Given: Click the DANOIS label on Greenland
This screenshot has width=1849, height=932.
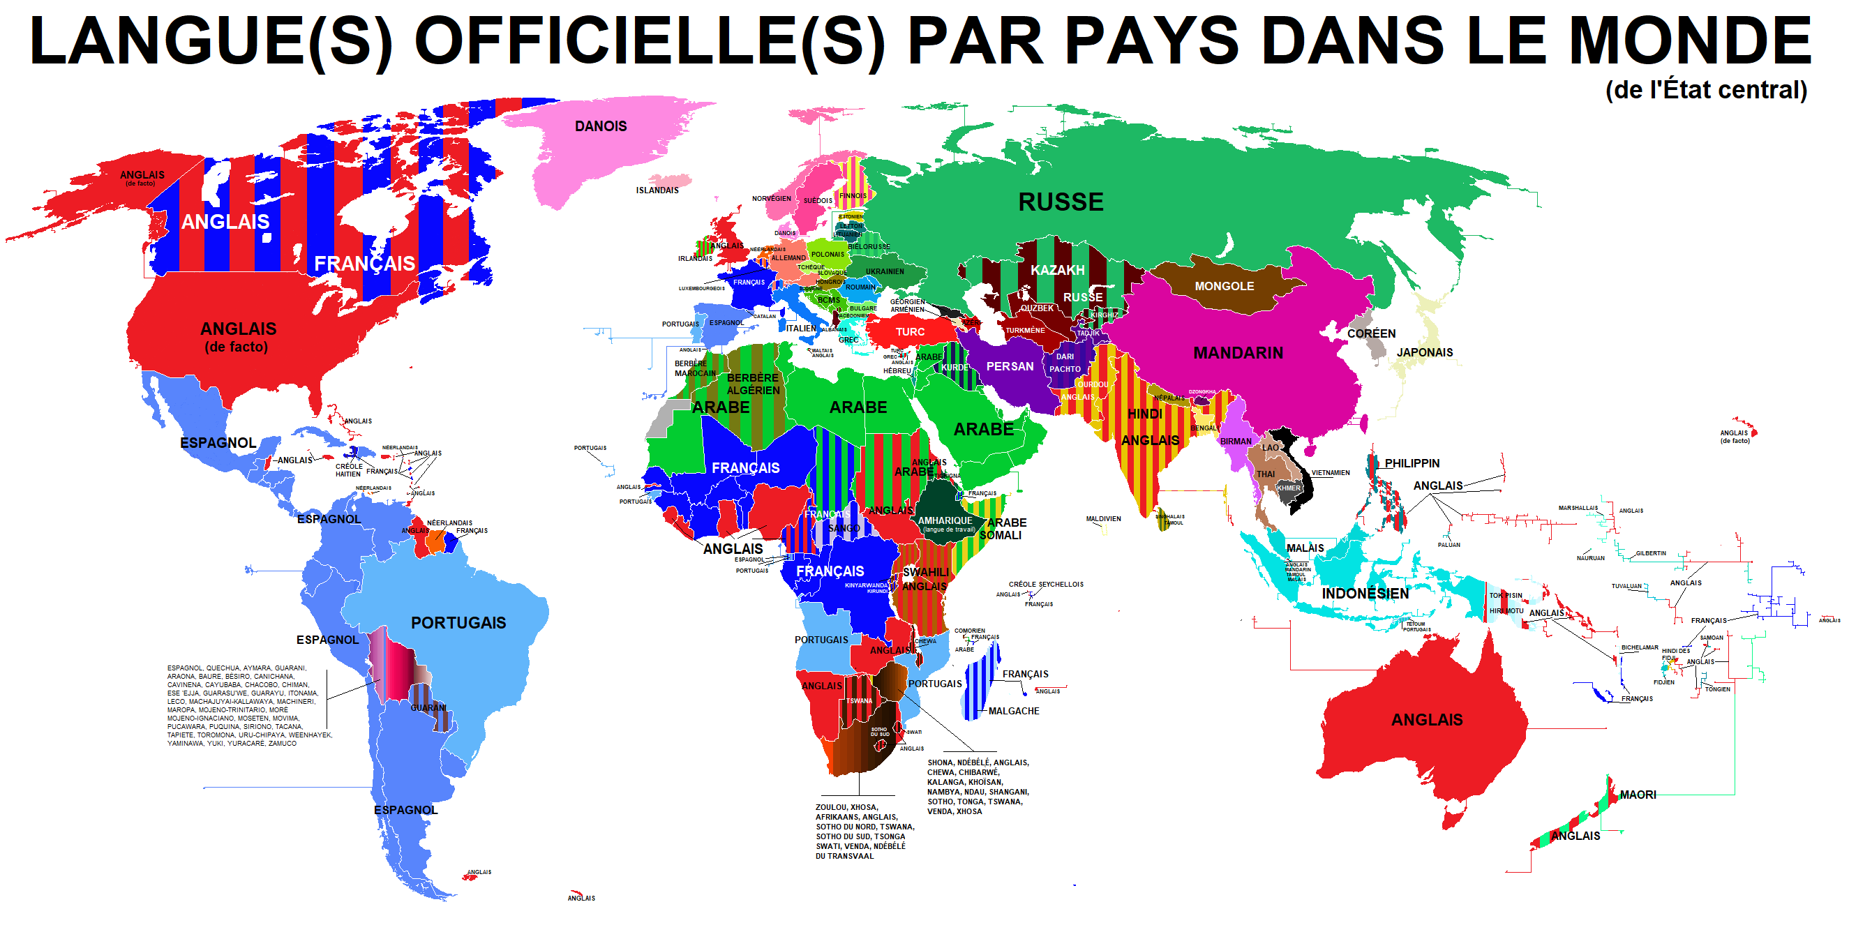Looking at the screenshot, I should (x=600, y=126).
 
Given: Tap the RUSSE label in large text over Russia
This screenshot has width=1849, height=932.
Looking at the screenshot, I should (x=1060, y=202).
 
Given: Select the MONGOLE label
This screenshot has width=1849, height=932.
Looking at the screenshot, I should (x=1224, y=286).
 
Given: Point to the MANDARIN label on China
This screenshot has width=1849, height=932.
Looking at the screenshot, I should (x=1238, y=353).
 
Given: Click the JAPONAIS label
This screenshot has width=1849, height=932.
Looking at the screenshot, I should (x=1424, y=352).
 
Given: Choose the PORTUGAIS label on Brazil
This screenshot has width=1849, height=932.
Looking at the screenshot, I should (x=458, y=623).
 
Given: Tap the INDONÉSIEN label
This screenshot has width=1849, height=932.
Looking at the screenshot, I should (x=1365, y=594).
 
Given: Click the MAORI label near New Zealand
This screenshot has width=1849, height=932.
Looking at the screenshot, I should (x=1638, y=795).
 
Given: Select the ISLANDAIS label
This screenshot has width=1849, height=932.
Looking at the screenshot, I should (x=657, y=190).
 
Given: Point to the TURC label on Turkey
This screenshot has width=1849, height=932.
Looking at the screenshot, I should (x=909, y=332).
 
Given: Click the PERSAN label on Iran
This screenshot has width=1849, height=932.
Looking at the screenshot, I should (x=1009, y=367).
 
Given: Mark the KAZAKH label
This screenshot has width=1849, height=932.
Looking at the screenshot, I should (x=1057, y=271).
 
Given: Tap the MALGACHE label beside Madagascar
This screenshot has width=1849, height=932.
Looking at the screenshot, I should (x=1014, y=711).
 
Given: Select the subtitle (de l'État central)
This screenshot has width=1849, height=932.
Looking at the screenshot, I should (x=1705, y=91).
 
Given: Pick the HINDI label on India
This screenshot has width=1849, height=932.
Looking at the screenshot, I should (x=1144, y=414).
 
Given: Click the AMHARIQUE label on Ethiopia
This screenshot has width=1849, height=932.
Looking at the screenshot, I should (x=945, y=520).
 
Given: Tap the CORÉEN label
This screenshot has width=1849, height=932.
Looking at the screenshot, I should (x=1371, y=333).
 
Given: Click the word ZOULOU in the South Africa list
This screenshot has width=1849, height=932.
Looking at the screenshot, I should (x=831, y=807).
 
